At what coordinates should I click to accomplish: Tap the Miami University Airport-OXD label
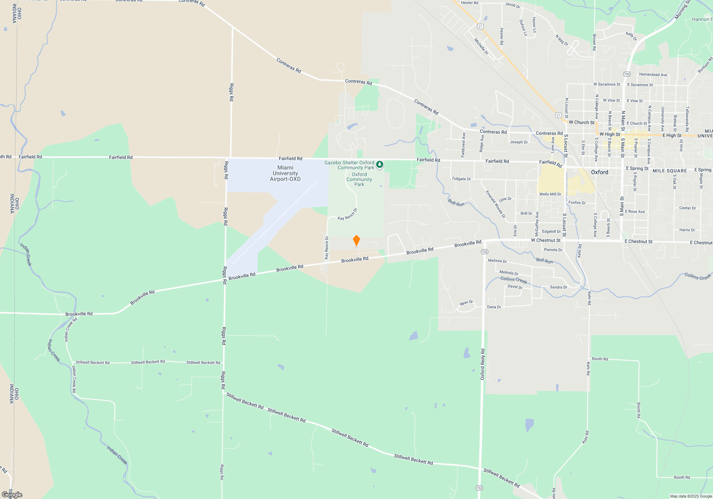[285, 173]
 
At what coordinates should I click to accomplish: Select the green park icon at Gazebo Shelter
[380, 164]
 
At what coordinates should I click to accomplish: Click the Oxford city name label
[600, 172]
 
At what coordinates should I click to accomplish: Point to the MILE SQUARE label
[670, 171]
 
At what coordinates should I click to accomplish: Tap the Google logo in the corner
[12, 494]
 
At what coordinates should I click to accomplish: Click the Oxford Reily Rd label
[482, 364]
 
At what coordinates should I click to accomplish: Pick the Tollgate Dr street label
[461, 179]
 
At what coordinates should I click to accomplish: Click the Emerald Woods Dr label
[495, 204]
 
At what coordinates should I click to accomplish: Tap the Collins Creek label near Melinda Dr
[513, 280]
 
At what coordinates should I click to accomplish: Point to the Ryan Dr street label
[466, 303]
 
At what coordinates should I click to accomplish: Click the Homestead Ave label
[653, 74]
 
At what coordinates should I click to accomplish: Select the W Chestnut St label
[545, 240]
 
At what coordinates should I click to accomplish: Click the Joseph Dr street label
[519, 142]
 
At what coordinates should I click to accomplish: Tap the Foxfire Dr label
[577, 202]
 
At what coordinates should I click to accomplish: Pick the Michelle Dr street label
[481, 46]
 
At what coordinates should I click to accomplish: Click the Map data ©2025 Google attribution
[691, 496]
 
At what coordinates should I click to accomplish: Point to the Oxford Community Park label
[359, 179]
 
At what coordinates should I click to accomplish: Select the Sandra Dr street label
[558, 287]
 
